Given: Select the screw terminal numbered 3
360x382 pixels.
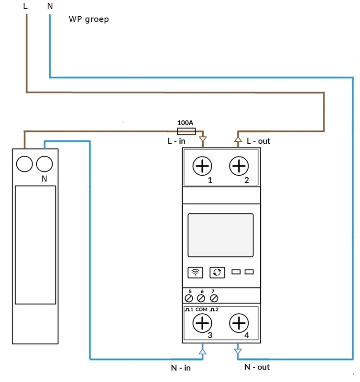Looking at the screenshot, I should point(203,323).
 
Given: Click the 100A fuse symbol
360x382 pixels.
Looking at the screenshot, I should point(186,131).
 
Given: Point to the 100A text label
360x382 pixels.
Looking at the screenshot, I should point(185,123).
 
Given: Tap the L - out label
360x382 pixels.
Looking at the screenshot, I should point(259,141).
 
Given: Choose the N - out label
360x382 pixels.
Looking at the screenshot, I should point(257,367).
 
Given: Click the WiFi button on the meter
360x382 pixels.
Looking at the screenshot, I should point(195,272).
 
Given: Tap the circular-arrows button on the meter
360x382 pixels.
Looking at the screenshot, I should point(217,272).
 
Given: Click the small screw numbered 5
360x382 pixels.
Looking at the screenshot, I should point(189,298).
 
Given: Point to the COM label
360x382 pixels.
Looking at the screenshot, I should point(202,309).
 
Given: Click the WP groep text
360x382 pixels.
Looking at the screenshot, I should point(88,20).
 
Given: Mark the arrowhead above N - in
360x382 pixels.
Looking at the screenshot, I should point(202,351).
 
